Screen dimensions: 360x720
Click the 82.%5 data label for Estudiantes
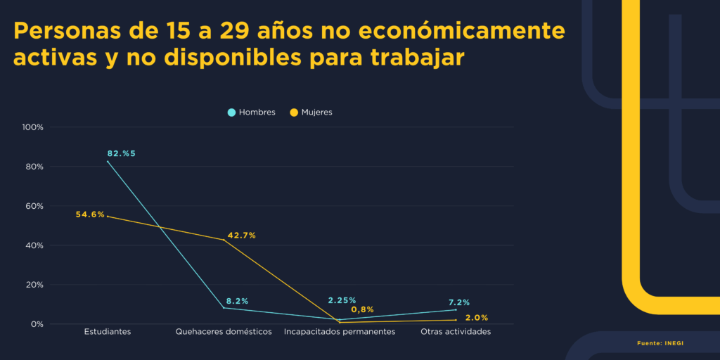(x=121, y=153)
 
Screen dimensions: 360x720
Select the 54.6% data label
(x=90, y=214)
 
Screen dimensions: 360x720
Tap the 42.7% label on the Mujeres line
(x=241, y=236)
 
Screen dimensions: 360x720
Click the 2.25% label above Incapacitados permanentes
(x=342, y=301)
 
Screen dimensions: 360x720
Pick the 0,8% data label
(x=362, y=310)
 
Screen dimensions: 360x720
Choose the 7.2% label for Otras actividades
(x=459, y=302)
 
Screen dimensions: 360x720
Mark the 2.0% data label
(x=477, y=318)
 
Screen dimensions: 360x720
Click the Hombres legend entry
(x=251, y=112)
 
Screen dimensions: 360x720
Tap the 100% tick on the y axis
(x=33, y=127)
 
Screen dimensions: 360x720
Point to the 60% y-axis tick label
(x=35, y=206)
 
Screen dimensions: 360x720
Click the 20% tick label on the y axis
(x=35, y=285)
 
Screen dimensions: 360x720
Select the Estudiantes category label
(x=107, y=331)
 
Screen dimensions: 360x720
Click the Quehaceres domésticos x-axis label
(x=224, y=331)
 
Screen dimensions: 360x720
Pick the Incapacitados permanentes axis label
(x=340, y=331)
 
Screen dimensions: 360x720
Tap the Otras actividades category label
(x=456, y=331)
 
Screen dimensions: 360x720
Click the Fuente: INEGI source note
(x=660, y=343)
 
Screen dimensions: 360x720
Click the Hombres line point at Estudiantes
(x=108, y=162)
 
